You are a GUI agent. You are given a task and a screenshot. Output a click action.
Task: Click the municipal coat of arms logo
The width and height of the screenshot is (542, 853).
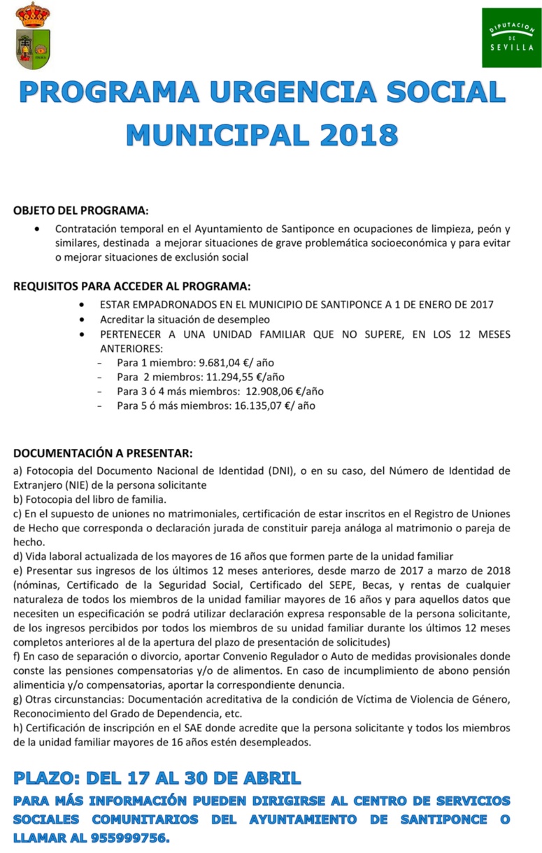(x=32, y=36)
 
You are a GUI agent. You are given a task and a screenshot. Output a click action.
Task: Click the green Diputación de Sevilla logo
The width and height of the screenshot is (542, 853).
(x=511, y=38)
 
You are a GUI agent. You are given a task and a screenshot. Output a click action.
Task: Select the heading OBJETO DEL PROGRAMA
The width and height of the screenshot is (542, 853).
(x=81, y=210)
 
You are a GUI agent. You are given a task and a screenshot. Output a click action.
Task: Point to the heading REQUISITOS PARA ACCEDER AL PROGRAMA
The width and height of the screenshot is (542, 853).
(x=131, y=287)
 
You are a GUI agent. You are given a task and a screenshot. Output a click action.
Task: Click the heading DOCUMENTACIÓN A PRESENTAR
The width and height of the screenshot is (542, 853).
(x=103, y=454)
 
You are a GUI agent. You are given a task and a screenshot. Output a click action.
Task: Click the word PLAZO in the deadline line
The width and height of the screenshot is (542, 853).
(x=45, y=777)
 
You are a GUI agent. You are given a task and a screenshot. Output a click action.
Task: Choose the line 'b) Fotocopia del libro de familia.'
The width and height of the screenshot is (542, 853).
(x=90, y=499)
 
